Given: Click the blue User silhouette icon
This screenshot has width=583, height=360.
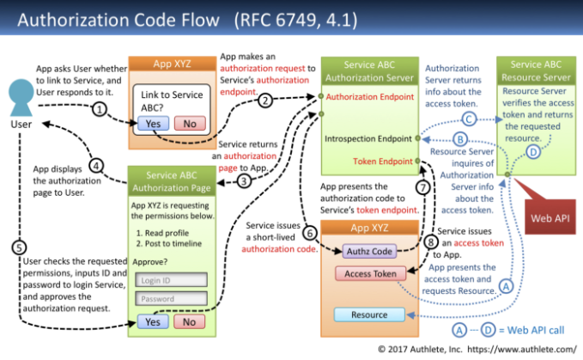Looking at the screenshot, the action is [x=21, y=97].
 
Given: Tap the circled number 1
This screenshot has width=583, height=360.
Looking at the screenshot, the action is [x=100, y=109].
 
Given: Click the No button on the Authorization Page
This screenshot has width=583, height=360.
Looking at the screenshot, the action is [x=189, y=322].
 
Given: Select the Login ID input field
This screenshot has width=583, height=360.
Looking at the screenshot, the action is [x=171, y=280].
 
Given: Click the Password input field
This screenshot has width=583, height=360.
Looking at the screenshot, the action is [x=171, y=299].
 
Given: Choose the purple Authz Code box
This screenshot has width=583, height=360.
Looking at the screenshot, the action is [x=369, y=252].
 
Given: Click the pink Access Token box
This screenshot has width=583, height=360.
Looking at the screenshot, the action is [x=370, y=274].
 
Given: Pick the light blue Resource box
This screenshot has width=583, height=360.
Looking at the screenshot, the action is [x=369, y=314].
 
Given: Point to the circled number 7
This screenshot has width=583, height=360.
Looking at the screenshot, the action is [x=422, y=187].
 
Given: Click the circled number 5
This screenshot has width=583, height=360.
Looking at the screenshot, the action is [x=19, y=247].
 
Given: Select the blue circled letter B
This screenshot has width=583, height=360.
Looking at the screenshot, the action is [x=460, y=139].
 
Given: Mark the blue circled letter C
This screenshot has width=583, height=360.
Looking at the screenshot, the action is [x=469, y=119].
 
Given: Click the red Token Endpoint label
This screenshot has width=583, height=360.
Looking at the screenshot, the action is [x=383, y=162].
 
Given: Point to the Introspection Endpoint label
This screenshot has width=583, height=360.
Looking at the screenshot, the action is [x=368, y=138].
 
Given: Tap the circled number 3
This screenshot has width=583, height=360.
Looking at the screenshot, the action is [x=244, y=181].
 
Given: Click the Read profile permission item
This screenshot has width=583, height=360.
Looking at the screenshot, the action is [x=162, y=233].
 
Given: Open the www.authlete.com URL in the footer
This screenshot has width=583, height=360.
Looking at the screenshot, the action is [x=522, y=349].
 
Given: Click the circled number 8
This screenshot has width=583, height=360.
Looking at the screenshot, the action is [x=430, y=242].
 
